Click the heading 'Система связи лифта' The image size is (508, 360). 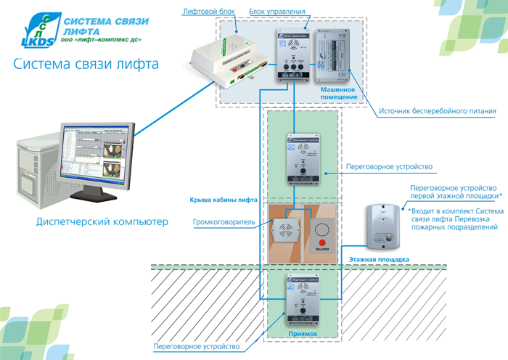86,65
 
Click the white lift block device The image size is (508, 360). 226,60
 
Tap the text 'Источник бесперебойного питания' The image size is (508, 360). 438,112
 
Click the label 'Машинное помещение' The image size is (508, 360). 338,92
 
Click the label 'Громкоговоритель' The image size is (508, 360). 225,222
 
